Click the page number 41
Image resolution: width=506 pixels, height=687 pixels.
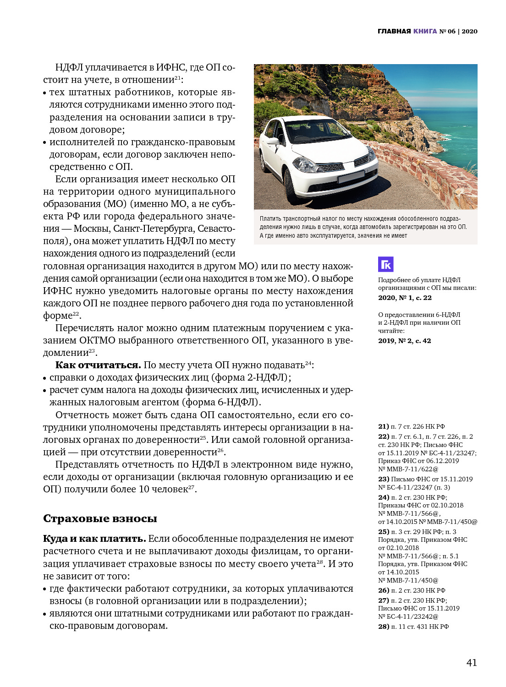(x=472, y=663)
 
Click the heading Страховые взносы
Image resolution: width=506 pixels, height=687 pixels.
(x=100, y=518)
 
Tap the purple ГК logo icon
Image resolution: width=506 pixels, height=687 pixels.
(x=385, y=264)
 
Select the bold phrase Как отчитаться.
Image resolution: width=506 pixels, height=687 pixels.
(x=98, y=365)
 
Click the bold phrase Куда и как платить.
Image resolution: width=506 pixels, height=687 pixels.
(x=94, y=539)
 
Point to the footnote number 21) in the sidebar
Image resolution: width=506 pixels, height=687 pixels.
(x=383, y=426)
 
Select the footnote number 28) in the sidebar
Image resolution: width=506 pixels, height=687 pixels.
(x=383, y=627)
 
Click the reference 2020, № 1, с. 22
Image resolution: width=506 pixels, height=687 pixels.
(x=405, y=298)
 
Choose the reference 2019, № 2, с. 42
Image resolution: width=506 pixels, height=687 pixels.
(x=404, y=341)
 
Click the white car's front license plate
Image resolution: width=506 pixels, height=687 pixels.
(x=351, y=177)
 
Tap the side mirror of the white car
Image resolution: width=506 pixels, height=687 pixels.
(x=272, y=141)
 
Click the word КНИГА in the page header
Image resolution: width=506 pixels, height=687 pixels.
(x=425, y=31)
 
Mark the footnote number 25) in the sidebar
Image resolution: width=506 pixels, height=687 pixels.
(x=383, y=532)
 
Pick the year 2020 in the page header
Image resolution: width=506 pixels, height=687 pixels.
(x=469, y=31)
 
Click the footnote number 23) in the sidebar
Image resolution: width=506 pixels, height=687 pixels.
(x=383, y=479)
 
